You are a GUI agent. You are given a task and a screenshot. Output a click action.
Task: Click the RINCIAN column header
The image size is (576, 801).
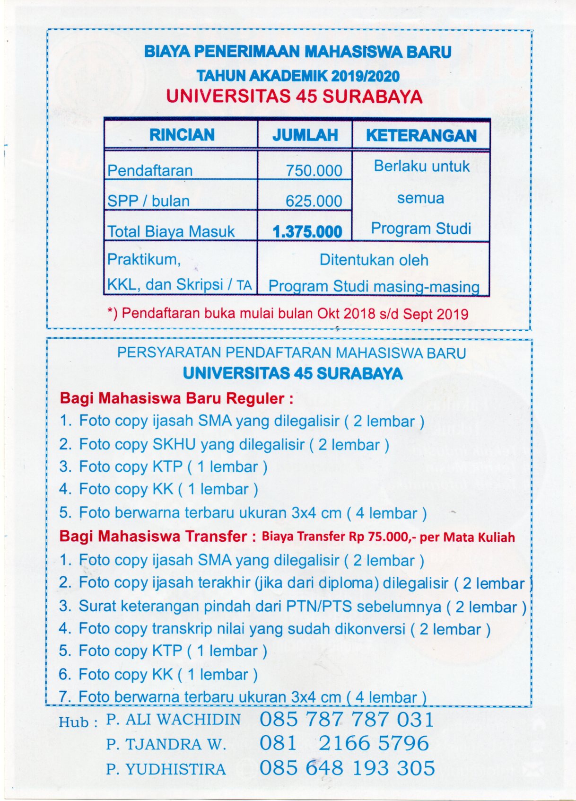click(182, 135)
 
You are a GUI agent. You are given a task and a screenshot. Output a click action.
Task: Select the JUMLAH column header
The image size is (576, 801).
click(305, 135)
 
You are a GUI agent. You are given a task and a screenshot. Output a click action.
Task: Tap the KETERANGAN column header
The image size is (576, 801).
click(421, 135)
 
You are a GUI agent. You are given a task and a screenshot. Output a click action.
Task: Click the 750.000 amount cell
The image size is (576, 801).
click(314, 170)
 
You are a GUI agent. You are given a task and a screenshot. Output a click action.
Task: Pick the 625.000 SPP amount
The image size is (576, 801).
click(314, 201)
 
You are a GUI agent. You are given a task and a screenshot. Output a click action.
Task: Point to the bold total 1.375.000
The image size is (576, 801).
click(307, 232)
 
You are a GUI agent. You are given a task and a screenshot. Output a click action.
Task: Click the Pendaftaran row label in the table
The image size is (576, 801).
click(150, 170)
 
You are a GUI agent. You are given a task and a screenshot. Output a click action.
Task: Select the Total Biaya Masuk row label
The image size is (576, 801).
click(171, 231)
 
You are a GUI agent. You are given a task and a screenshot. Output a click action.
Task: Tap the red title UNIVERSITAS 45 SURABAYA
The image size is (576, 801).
click(294, 97)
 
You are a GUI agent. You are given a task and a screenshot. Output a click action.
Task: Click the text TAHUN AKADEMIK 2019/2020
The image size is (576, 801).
click(298, 76)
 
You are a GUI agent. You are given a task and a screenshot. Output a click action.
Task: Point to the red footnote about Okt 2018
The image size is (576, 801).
click(288, 314)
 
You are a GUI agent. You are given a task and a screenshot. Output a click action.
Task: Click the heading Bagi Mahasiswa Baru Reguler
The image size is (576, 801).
click(176, 398)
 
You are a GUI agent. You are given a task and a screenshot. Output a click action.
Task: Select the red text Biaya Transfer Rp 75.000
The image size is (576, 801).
click(388, 537)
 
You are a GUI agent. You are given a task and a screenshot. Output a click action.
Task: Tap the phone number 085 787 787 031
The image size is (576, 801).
click(347, 719)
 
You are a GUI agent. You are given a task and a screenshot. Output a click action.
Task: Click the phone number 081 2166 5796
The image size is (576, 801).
click(344, 743)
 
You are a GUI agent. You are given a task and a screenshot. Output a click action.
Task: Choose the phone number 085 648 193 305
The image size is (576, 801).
click(347, 768)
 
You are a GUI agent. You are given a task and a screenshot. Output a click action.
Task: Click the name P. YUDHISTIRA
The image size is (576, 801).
click(166, 769)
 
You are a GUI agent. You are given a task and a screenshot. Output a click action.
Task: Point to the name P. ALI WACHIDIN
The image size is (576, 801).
click(174, 720)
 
